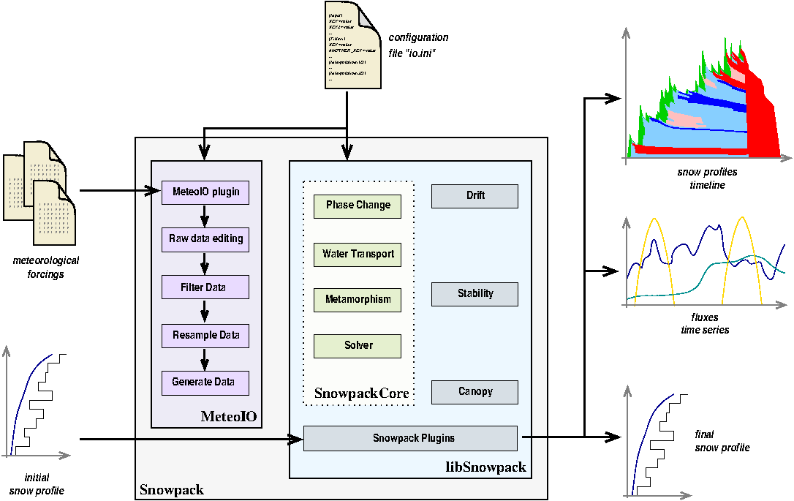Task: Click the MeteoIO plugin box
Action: (x=205, y=192)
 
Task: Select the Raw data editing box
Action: (x=205, y=239)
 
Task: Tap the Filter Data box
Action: (x=205, y=287)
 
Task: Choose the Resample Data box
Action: (x=205, y=336)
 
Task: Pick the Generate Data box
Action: (x=205, y=383)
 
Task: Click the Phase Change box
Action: (x=358, y=206)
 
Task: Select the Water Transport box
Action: (x=358, y=255)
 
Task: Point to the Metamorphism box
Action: (x=358, y=299)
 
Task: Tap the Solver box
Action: (x=358, y=346)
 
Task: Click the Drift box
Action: (x=474, y=196)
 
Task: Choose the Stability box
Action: (x=474, y=294)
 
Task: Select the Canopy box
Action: (x=474, y=392)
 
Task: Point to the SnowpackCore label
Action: (x=361, y=393)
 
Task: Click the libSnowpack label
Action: (x=485, y=467)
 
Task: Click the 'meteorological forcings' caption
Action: (x=46, y=268)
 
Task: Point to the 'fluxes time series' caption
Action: (x=704, y=324)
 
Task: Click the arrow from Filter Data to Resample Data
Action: (x=205, y=312)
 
